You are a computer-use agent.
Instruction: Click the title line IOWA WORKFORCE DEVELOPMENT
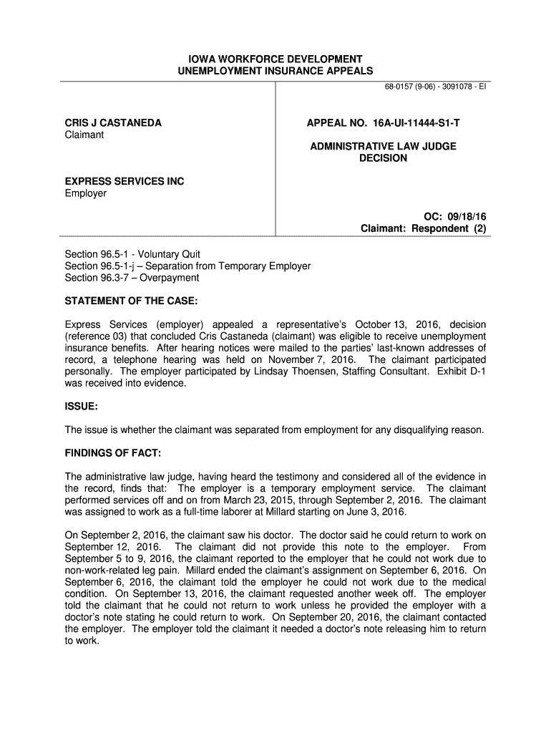(x=275, y=59)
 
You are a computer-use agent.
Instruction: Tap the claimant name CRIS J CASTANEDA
(x=113, y=123)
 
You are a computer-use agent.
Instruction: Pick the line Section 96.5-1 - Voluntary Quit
(x=132, y=254)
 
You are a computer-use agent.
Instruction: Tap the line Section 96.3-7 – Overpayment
(x=132, y=278)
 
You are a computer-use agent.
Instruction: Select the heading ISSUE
(x=81, y=406)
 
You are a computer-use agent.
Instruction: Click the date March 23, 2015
(x=217, y=500)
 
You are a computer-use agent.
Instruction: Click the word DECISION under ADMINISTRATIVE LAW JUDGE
(x=383, y=158)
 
